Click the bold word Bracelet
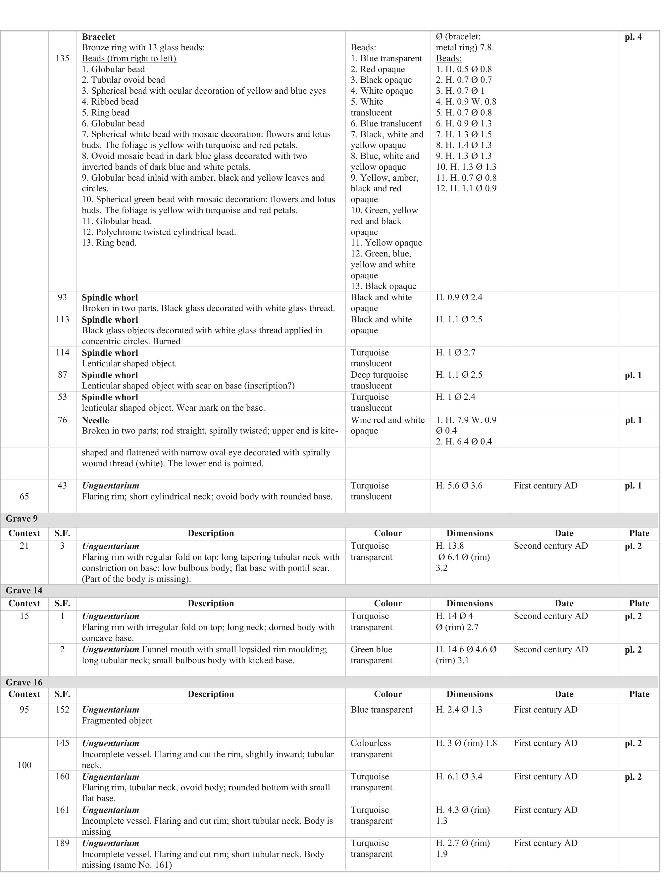tap(98, 37)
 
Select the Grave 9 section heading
tap(22, 519)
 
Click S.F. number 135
tap(62, 59)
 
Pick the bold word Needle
tap(95, 420)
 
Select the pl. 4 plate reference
tap(633, 37)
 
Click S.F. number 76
tap(62, 420)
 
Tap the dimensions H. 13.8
tap(450, 546)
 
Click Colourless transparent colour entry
tap(371, 748)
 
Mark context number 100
tap(24, 765)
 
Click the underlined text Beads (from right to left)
tap(129, 59)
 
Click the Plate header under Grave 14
tap(639, 603)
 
